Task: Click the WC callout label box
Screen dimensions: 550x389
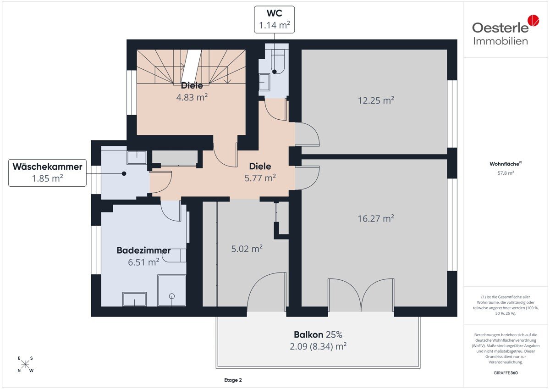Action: click(274, 20)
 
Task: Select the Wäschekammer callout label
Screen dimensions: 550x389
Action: click(47, 173)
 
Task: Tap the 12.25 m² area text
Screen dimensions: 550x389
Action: click(376, 100)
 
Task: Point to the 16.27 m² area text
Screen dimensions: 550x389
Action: click(376, 218)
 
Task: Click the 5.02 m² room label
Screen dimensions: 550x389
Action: click(247, 249)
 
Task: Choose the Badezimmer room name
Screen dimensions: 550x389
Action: click(143, 250)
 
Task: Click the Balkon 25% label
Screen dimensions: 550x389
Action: click(318, 334)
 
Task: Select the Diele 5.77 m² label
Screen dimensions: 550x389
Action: click(260, 172)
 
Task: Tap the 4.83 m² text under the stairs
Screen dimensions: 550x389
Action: click(192, 97)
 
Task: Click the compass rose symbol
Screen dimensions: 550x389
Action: click(25, 364)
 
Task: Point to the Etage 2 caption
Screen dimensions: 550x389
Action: click(233, 380)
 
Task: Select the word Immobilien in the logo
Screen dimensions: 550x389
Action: click(500, 41)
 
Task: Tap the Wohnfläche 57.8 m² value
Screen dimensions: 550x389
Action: click(506, 173)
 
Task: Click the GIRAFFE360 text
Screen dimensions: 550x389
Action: click(506, 373)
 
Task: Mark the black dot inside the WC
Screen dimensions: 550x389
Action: click(275, 72)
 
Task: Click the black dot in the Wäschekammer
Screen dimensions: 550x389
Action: click(124, 173)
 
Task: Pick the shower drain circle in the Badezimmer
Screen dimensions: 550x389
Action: click(172, 296)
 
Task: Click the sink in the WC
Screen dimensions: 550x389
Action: click(264, 82)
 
